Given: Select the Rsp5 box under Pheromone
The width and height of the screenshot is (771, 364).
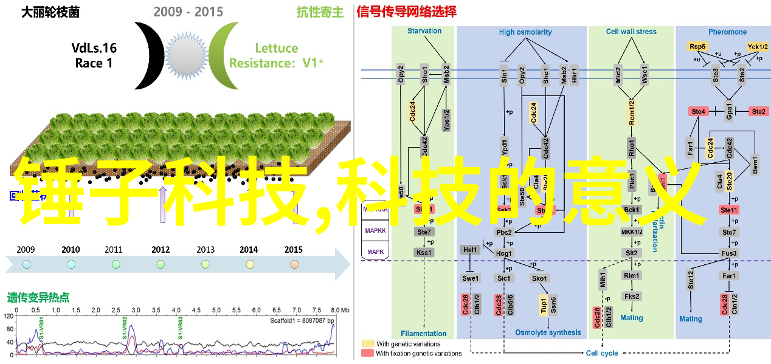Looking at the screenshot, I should (x=697, y=46).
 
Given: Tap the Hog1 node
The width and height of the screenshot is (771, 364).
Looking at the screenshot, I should (x=504, y=253).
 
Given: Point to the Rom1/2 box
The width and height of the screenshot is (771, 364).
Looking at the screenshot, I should (x=632, y=112).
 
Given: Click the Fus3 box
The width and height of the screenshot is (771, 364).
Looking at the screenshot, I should (x=729, y=253).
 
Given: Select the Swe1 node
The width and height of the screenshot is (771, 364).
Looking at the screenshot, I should (x=470, y=278).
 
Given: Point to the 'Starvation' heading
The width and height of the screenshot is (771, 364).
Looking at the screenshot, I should (x=424, y=31).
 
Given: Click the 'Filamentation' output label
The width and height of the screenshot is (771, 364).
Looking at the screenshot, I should (x=424, y=333).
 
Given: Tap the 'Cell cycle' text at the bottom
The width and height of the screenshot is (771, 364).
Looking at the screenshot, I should (x=601, y=353).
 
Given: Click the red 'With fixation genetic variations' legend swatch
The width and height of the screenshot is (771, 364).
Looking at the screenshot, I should (x=368, y=353).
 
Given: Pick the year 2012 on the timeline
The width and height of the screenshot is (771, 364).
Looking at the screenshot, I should (x=161, y=249).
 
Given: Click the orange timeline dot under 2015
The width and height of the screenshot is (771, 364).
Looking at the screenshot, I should (x=295, y=264).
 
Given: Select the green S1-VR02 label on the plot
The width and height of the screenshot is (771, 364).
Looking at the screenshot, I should (x=124, y=328).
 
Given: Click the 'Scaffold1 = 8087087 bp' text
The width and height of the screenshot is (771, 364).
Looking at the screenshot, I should (x=302, y=320).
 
